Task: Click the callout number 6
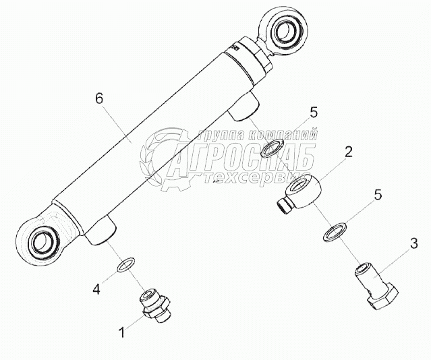[99, 99]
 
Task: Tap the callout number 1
[122, 332]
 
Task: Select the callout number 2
[348, 152]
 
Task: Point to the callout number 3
[414, 244]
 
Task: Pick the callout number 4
[96, 289]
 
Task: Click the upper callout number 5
[314, 113]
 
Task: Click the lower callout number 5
[378, 195]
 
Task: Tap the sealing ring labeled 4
[126, 264]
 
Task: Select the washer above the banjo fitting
[272, 148]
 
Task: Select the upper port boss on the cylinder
[243, 106]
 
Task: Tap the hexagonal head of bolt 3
[382, 298]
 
